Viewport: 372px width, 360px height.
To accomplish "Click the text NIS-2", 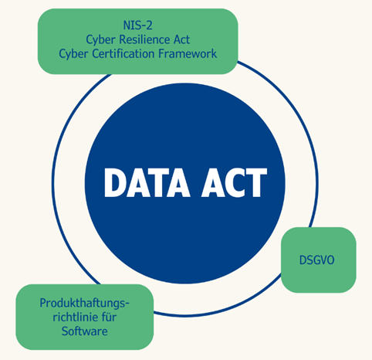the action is pyautogui.click(x=138, y=25).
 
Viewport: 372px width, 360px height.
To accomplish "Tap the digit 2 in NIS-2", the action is pyautogui.click(x=150, y=25).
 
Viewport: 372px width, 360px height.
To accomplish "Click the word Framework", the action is pyautogui.click(x=188, y=53).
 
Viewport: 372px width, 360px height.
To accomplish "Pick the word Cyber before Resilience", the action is pyautogui.click(x=100, y=40).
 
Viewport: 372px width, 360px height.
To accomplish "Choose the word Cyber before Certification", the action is pyautogui.click(x=73, y=54).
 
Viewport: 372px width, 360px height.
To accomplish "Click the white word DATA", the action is pyautogui.click(x=147, y=182).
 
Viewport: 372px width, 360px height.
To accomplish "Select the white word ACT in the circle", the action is pyautogui.click(x=234, y=182).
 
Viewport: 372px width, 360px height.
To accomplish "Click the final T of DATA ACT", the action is pyautogui.click(x=256, y=182).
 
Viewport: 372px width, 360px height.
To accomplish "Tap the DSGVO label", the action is pyautogui.click(x=317, y=260).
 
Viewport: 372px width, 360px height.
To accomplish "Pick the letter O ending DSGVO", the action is pyautogui.click(x=330, y=260).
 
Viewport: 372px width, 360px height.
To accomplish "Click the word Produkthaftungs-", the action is pyautogui.click(x=84, y=304).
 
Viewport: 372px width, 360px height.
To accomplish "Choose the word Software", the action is pyautogui.click(x=84, y=331).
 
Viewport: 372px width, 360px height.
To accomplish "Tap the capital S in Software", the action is pyautogui.click(x=65, y=331).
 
